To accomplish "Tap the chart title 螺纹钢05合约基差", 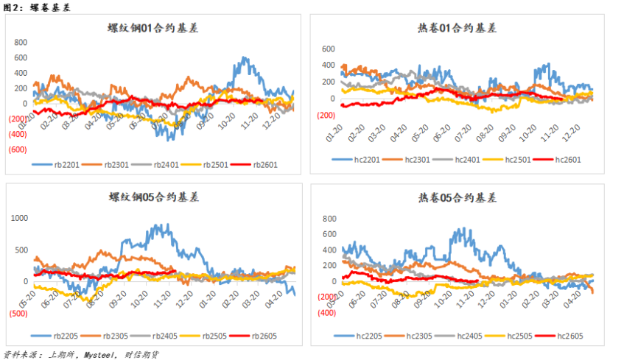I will (153, 197).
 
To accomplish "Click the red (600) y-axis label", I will (18, 149).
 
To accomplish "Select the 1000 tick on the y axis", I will (19, 218).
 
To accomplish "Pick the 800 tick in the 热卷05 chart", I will (329, 219).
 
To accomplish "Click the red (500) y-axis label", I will (18, 313).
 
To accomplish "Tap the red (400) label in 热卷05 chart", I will (327, 312).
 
